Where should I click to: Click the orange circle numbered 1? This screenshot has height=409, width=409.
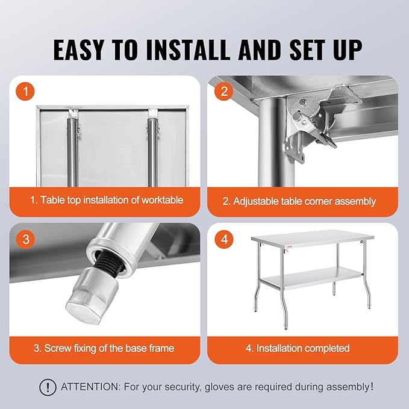tap(25, 92)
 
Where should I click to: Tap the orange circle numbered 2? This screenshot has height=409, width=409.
tap(224, 92)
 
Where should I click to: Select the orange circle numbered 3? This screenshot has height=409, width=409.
tap(25, 239)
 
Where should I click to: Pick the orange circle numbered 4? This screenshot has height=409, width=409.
tap(224, 239)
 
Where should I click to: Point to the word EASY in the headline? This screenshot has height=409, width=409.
tap(78, 50)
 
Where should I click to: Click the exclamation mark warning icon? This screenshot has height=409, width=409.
tap(48, 387)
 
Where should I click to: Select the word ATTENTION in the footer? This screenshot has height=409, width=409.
tap(90, 387)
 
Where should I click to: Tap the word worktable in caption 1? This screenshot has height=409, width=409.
tap(162, 200)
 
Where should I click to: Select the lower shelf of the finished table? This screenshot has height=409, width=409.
tap(311, 279)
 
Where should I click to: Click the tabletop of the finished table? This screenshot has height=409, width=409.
tap(313, 237)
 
